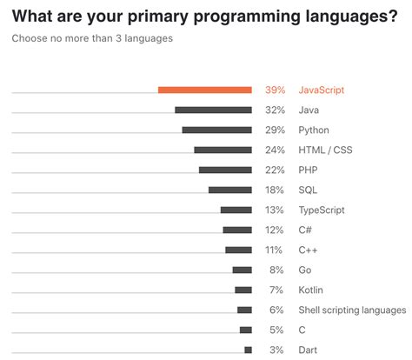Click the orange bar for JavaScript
pos(205,90)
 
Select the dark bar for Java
pos(213,110)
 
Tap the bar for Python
pos(216,130)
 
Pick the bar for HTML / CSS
pos(223,150)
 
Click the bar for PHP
pos(225,170)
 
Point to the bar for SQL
pos(230,190)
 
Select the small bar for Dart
pos(248,350)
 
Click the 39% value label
pos(275,90)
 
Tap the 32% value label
pos(275,110)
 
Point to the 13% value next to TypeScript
pos(275,210)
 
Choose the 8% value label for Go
pos(277,270)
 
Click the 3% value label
pos(277,350)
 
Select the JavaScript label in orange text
pos(322,90)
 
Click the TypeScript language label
pos(322,210)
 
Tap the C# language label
pos(305,230)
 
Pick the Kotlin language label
pos(311,290)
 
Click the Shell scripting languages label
pos(352,310)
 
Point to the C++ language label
pos(308,250)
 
